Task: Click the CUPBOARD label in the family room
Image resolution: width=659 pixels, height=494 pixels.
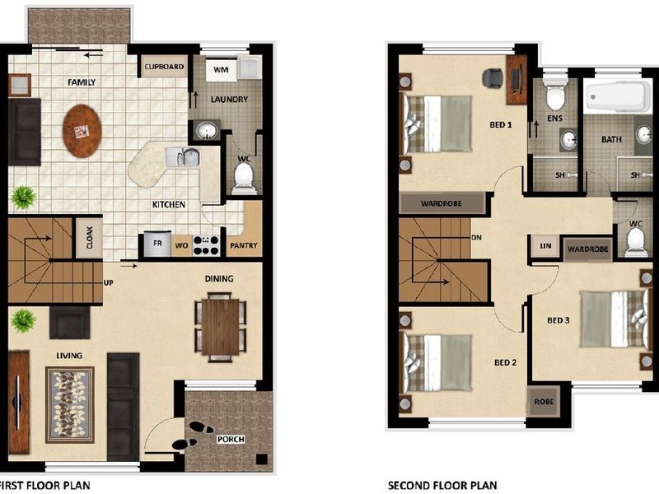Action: (164, 68)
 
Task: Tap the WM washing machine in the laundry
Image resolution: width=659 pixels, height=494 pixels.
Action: (220, 70)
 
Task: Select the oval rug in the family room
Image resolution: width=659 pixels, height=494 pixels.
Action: (83, 130)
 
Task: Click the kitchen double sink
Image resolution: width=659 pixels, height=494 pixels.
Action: (182, 156)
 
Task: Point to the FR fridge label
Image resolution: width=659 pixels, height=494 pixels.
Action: (155, 245)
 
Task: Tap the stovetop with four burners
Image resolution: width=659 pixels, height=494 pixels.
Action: (206, 245)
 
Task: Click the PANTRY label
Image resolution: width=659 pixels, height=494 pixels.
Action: (244, 245)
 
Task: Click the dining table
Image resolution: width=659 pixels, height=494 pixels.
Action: (220, 326)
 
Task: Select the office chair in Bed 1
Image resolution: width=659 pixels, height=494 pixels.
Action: (491, 78)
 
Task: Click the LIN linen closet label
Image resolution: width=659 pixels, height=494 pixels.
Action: (544, 246)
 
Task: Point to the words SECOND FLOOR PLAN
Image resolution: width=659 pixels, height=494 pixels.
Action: (442, 486)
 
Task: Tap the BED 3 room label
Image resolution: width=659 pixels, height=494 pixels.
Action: (559, 320)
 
